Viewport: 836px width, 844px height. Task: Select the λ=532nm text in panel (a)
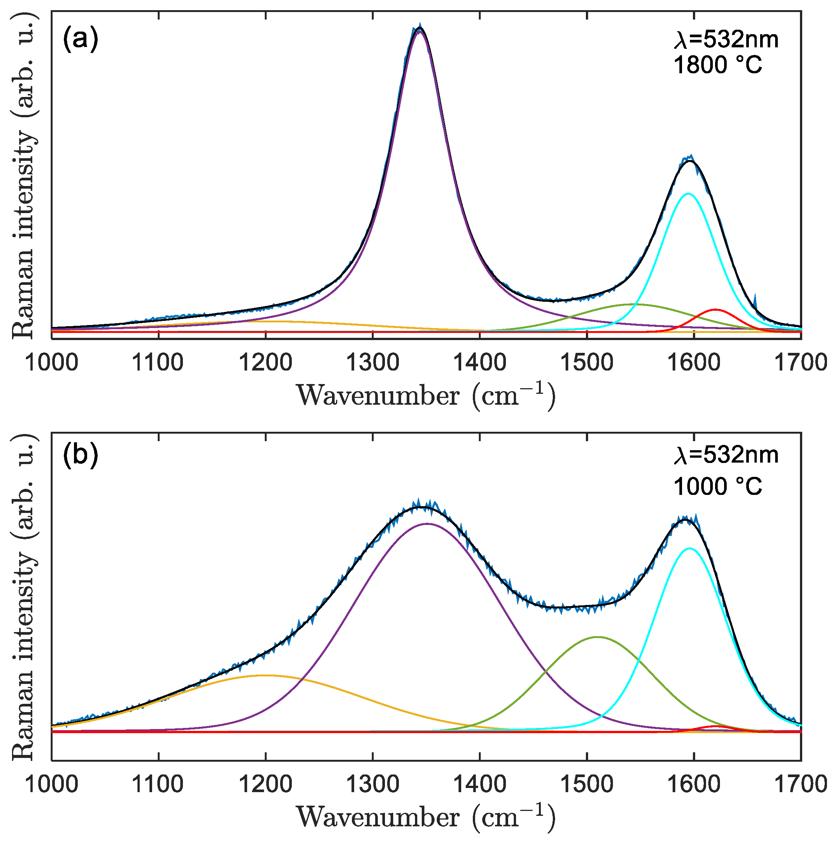pyautogui.click(x=726, y=40)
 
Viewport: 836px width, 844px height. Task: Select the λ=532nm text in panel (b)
pyautogui.click(x=726, y=455)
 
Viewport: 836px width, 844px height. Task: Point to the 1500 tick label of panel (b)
pyautogui.click(x=586, y=784)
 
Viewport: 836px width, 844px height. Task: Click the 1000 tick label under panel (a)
pyautogui.click(x=52, y=363)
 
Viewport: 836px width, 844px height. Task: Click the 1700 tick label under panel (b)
pyautogui.click(x=800, y=784)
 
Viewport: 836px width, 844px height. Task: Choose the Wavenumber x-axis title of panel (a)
pyautogui.click(x=426, y=395)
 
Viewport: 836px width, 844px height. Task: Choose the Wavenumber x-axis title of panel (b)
pyautogui.click(x=426, y=816)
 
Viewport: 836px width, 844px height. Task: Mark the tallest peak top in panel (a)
pyautogui.click(x=420, y=28)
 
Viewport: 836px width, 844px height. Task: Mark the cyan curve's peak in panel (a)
pyautogui.click(x=688, y=194)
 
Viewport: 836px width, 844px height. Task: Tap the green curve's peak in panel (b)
pyautogui.click(x=598, y=637)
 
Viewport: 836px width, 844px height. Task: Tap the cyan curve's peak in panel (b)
pyautogui.click(x=689, y=548)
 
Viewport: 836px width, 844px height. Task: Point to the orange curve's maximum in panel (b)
pyautogui.click(x=264, y=675)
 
